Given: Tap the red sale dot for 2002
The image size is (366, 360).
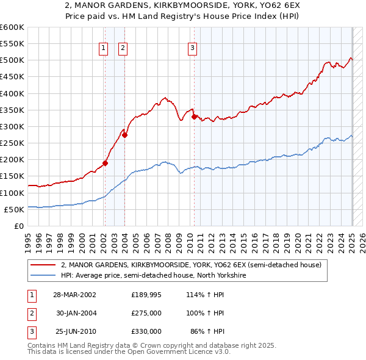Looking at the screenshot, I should click(105, 163).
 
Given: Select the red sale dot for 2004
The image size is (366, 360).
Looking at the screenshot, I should click(124, 135).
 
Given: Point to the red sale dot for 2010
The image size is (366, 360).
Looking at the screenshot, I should click(194, 117).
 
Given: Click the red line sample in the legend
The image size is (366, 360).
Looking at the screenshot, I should click(44, 265).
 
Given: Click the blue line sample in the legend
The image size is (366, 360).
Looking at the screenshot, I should click(44, 276).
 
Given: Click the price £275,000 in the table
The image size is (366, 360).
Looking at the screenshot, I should click(146, 313).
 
